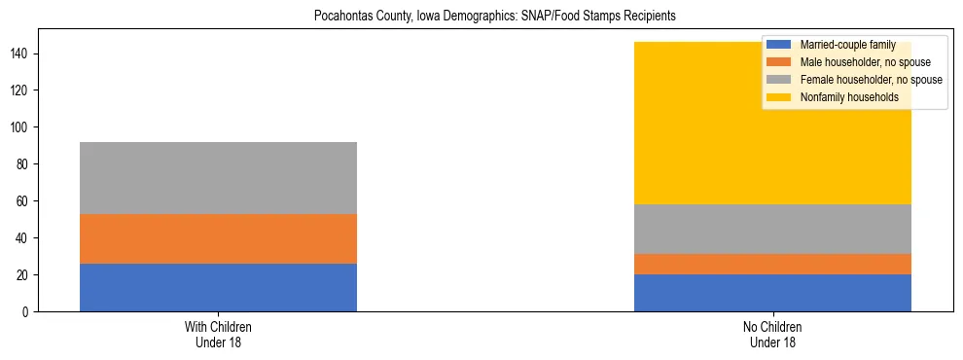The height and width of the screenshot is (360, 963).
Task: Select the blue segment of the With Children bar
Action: (218, 287)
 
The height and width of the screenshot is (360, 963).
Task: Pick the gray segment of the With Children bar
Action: (218, 178)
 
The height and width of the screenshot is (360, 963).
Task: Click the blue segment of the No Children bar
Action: (772, 293)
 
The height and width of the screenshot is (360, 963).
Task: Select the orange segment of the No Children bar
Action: (772, 264)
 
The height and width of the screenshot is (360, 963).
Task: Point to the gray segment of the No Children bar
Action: (772, 229)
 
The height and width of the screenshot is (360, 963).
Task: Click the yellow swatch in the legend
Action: (779, 97)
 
